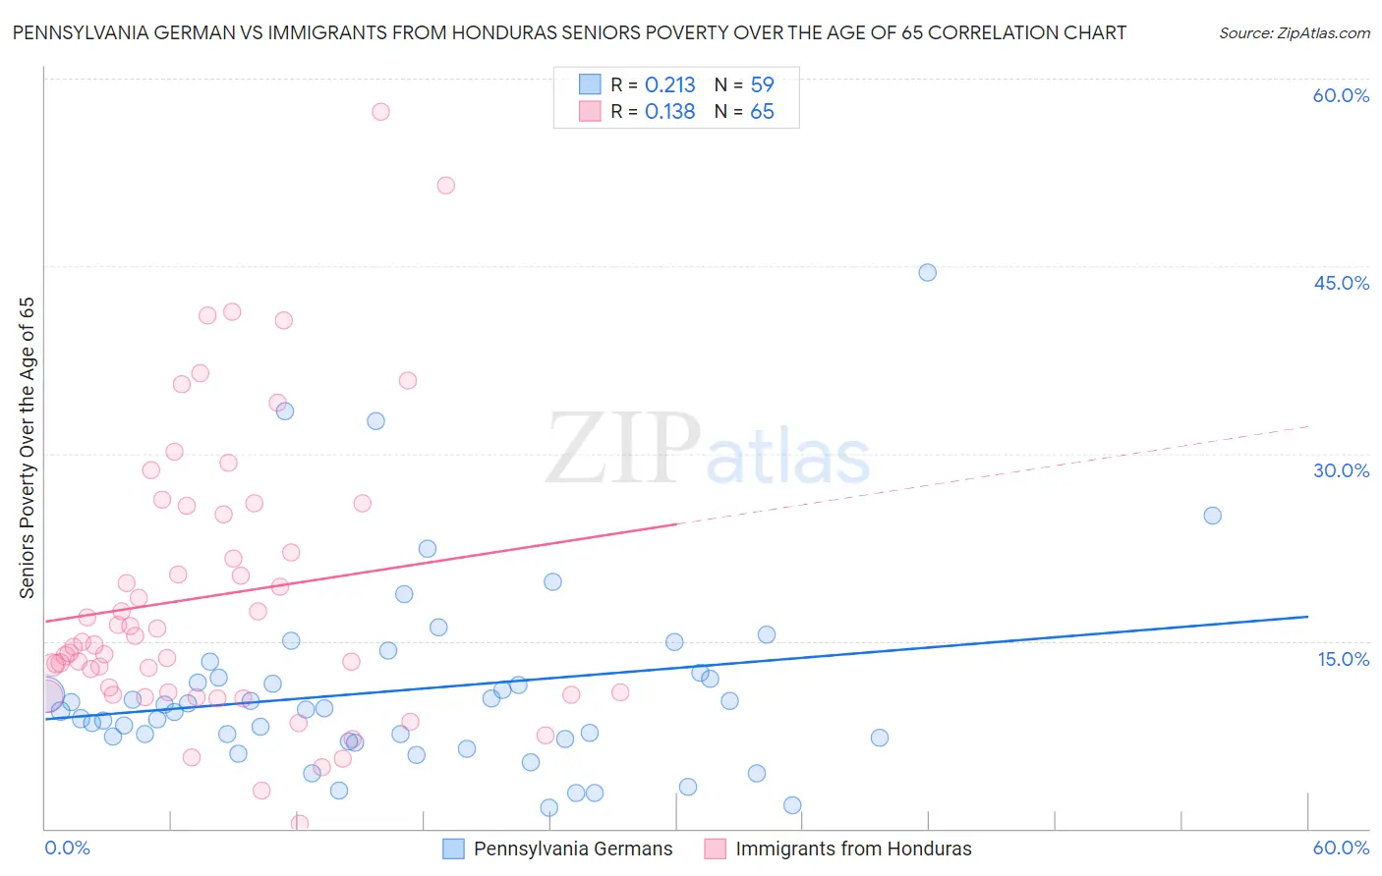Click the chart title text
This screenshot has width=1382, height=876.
(569, 32)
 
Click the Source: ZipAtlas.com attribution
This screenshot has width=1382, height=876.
(1294, 33)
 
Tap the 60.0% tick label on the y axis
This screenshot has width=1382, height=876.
(1340, 95)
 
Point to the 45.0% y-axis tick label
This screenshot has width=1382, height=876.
(1340, 283)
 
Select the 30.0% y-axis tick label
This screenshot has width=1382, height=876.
(1340, 470)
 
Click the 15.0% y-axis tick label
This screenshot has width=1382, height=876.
(1342, 659)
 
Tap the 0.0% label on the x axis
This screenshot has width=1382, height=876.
(67, 848)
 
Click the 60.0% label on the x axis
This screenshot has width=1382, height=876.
(1340, 848)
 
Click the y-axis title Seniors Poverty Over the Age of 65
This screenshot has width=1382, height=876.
(28, 448)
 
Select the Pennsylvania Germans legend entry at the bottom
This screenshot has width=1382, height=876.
(572, 849)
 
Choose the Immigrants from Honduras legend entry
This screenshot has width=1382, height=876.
(852, 849)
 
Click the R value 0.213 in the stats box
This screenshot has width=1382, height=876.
(669, 85)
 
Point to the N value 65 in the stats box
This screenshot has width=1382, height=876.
(762, 112)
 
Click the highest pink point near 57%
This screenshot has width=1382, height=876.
(380, 112)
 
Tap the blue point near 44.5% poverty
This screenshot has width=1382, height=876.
(927, 272)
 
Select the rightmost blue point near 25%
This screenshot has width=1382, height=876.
(1212, 516)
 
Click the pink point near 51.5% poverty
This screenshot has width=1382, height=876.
(445, 185)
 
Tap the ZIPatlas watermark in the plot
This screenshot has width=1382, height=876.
(707, 450)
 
